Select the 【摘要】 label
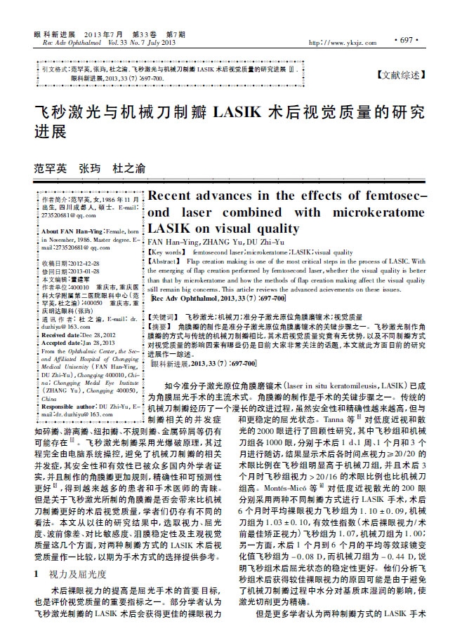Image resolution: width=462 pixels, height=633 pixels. click(x=162, y=327)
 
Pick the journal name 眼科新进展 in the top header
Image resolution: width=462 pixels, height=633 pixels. click(x=57, y=34)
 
